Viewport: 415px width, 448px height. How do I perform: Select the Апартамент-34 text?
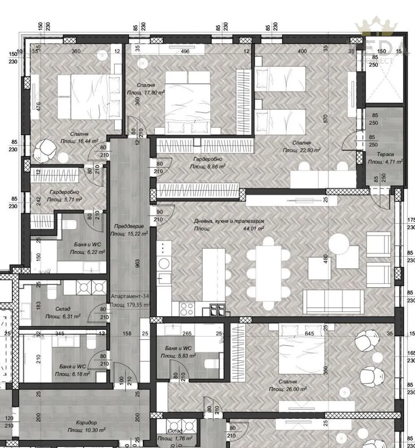pos(130,297)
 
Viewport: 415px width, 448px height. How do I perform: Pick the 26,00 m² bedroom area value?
pos(297,389)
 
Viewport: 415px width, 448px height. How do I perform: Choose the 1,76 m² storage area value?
pos(183,438)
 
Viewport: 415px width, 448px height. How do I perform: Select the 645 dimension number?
pos(309,333)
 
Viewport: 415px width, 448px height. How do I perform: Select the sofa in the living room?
pos(334,302)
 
